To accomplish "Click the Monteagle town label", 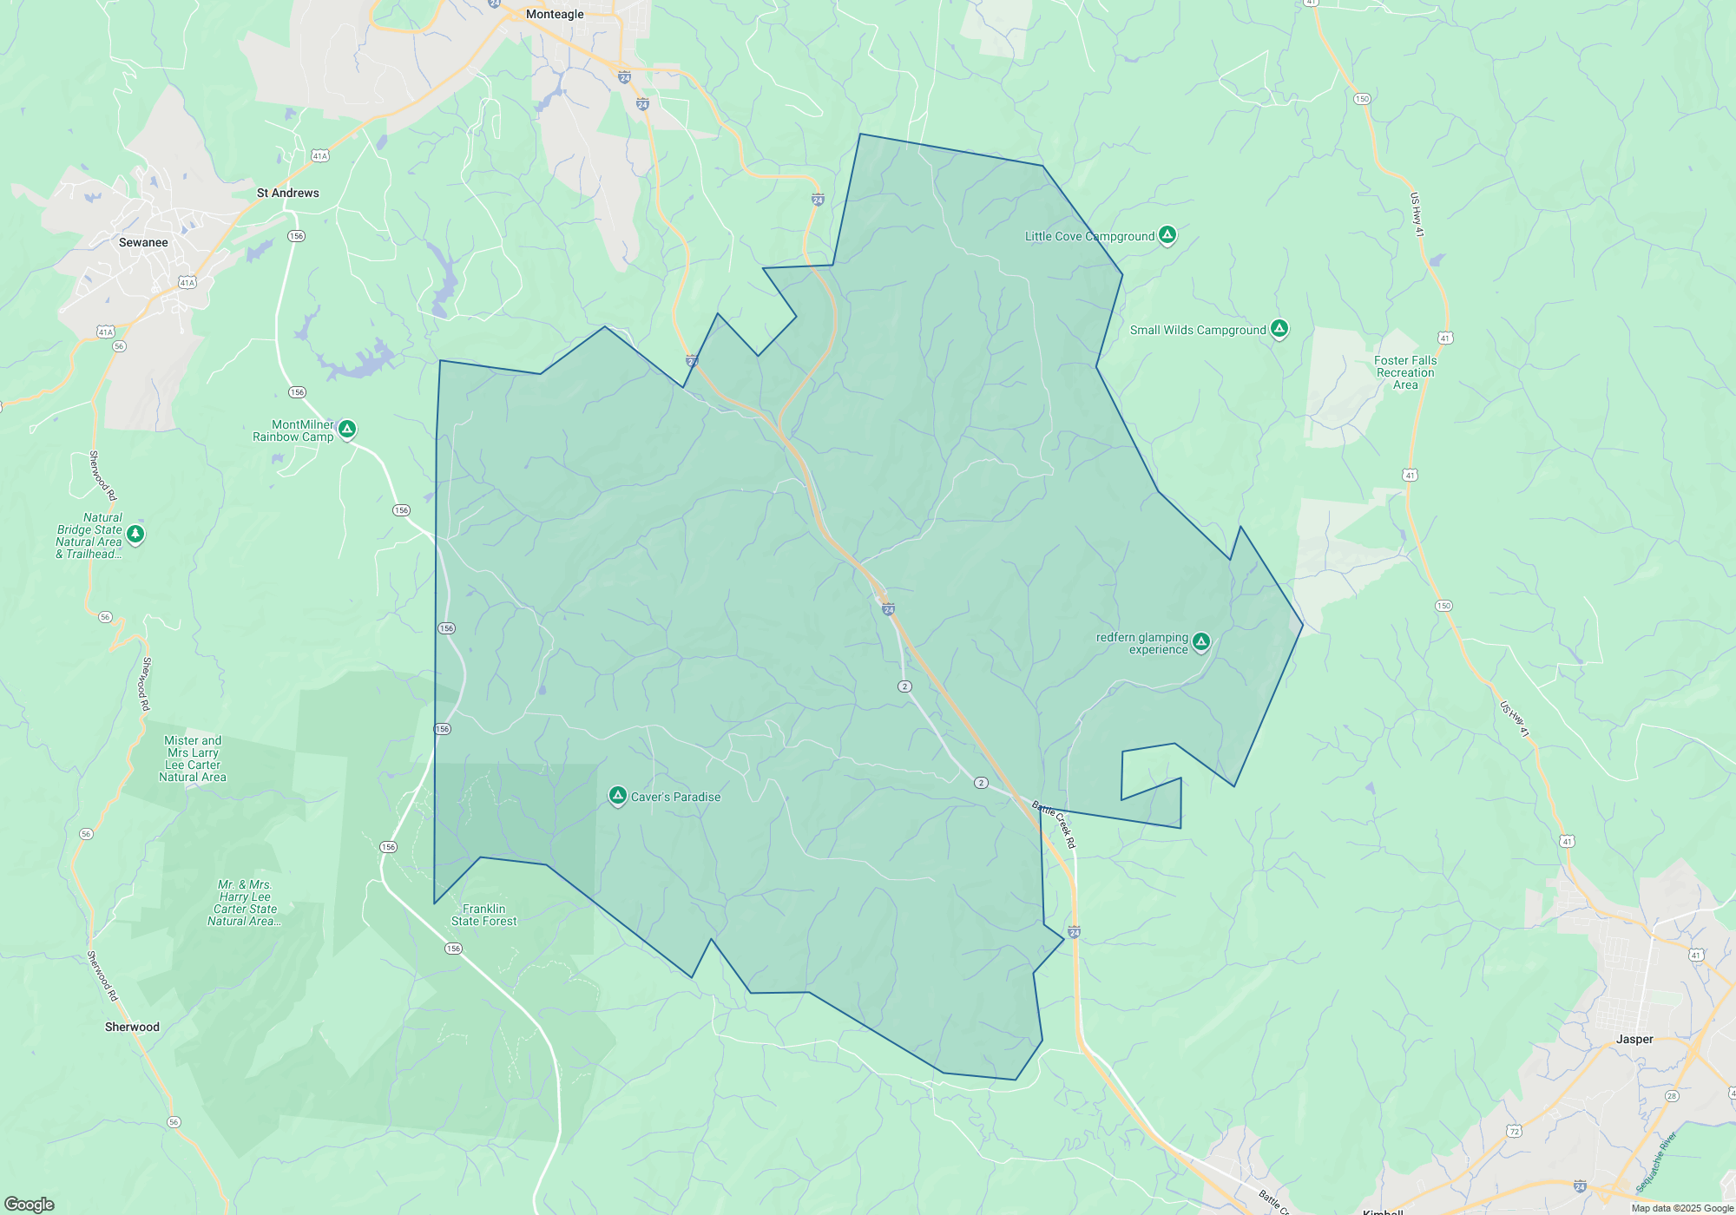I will pos(555,14).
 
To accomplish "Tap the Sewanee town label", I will pos(143,242).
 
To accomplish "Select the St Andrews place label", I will pos(287,193).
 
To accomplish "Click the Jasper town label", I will pos(1634,1039).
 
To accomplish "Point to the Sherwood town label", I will pos(132,1027).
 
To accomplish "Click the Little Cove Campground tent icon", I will pos(1167,234).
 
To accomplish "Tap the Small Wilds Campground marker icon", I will pos(1279,328).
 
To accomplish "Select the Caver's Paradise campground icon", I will pos(617,795).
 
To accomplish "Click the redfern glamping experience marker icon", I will pos(1200,641).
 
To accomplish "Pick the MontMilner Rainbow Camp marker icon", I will pos(347,429).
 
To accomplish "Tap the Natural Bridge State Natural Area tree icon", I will pos(135,534).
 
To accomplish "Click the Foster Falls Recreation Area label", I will pos(1404,372).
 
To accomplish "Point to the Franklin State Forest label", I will pos(483,915).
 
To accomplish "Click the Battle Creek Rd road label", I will pos(1054,824).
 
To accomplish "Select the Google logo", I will pos(30,1204).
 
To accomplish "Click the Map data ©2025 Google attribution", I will pos(1681,1208).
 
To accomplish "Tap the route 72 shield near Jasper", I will pos(1514,1131).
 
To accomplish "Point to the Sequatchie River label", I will pos(1655,1161).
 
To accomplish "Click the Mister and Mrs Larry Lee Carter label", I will pos(193,759).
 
